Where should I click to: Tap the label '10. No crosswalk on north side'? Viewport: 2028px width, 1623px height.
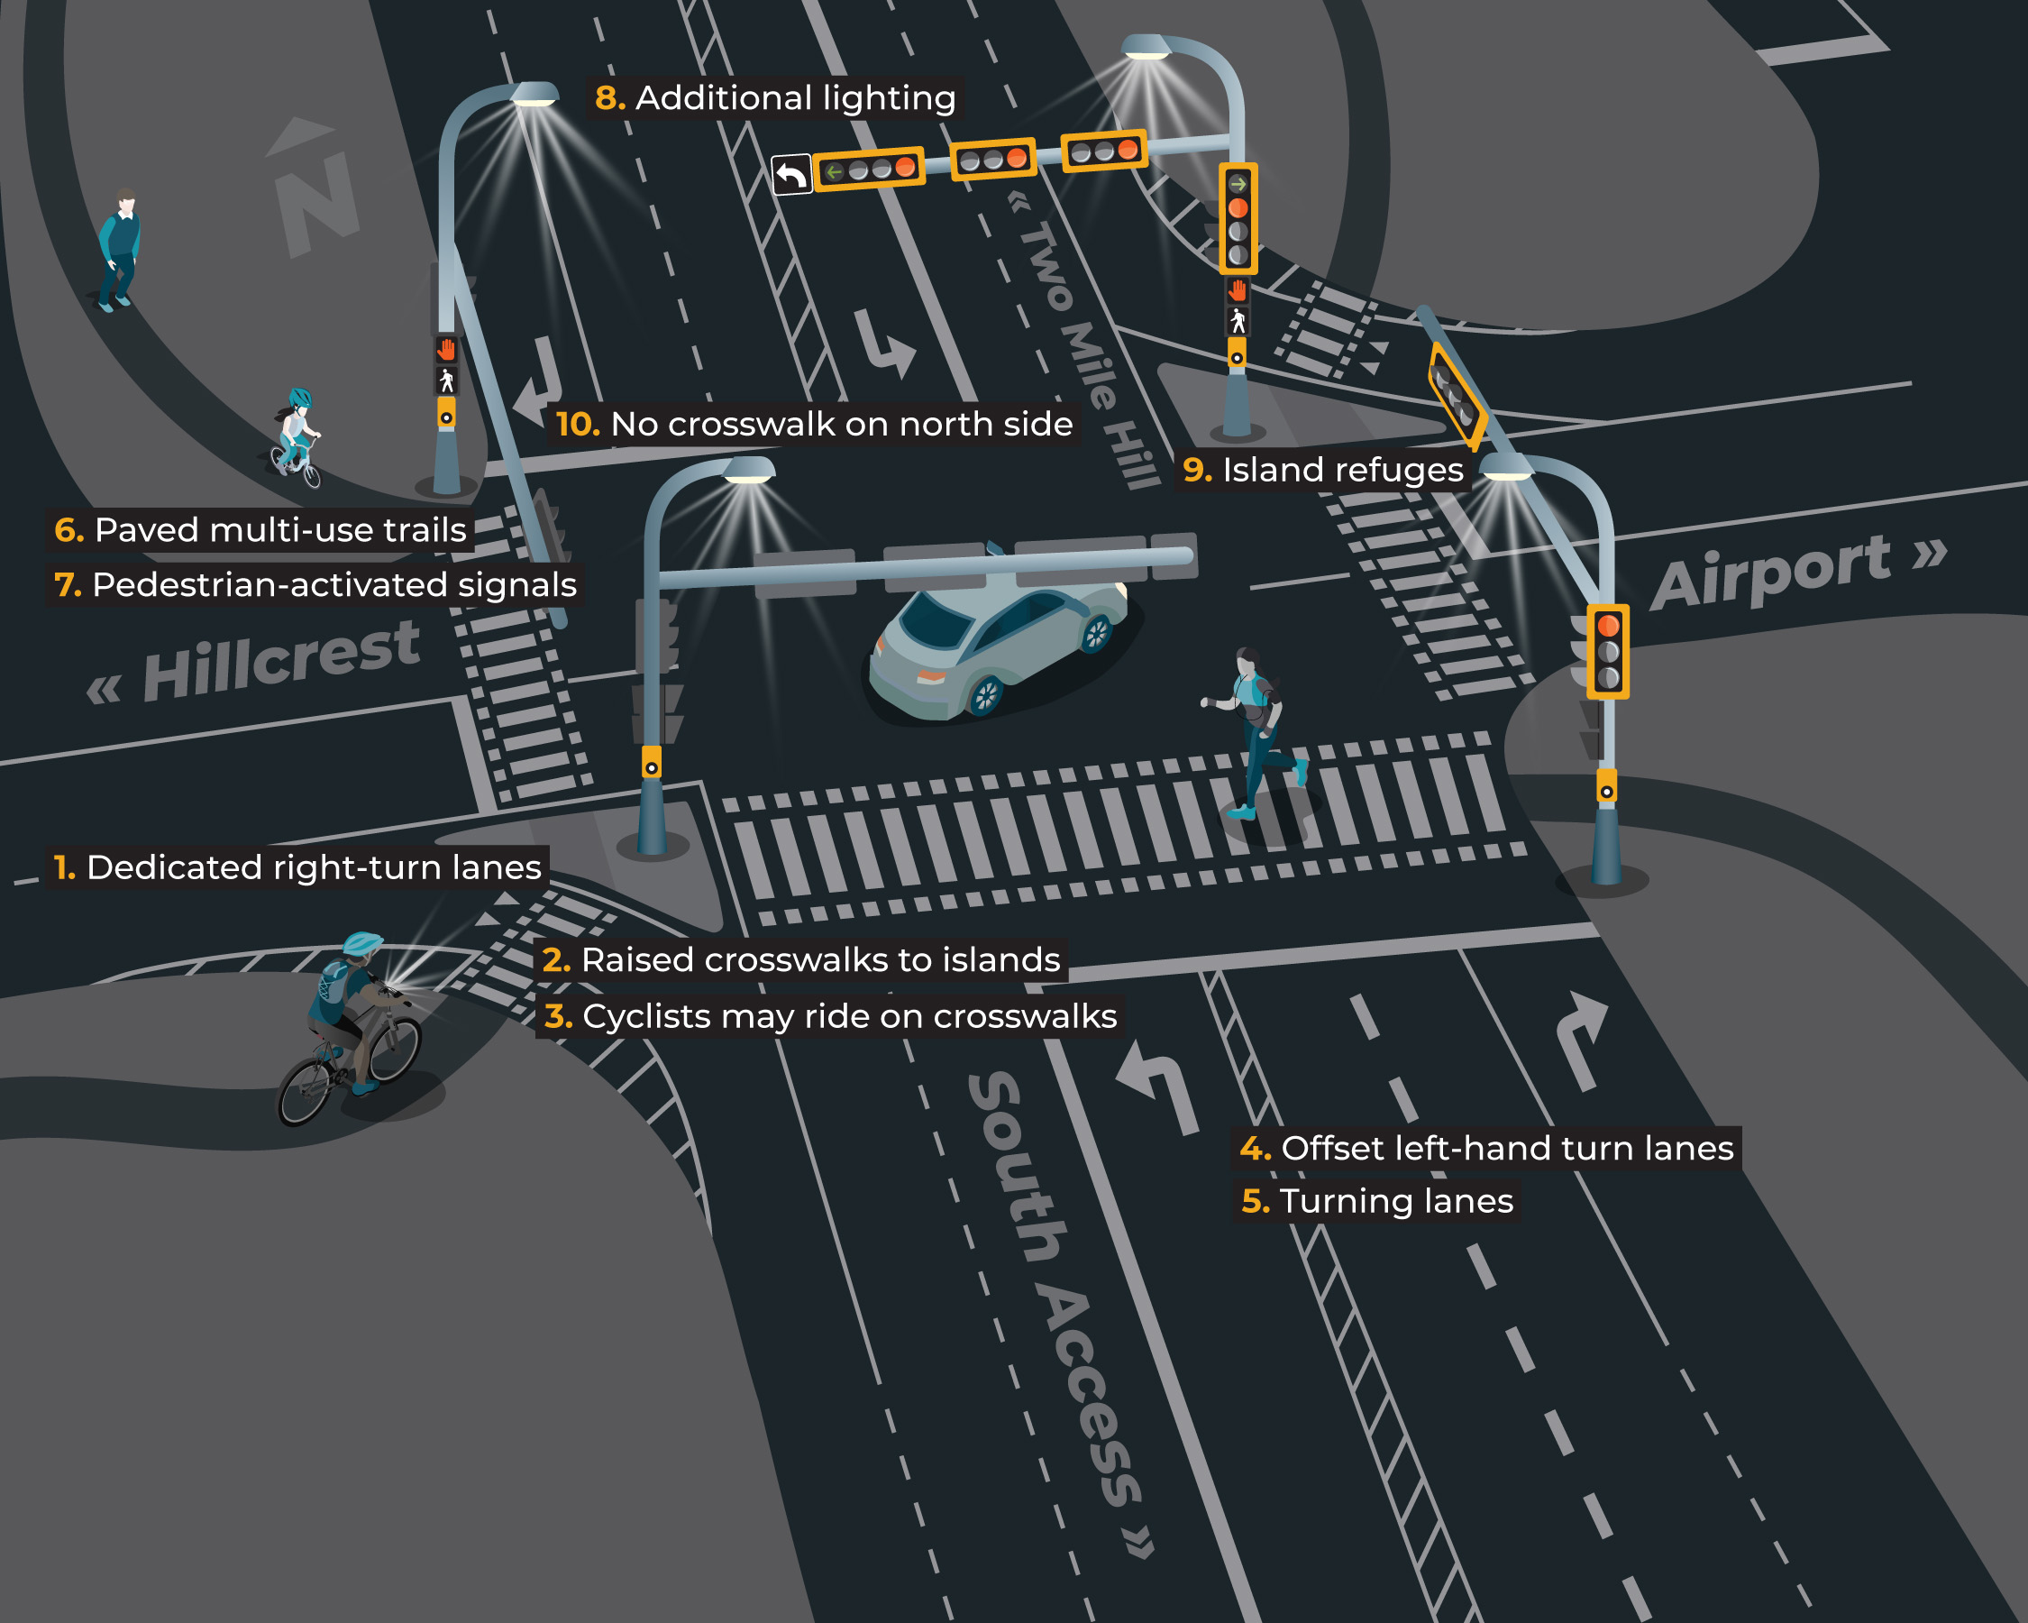(814, 425)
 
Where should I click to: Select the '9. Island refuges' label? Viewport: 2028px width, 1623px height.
(1322, 470)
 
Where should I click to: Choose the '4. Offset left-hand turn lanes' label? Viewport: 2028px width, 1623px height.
(1486, 1149)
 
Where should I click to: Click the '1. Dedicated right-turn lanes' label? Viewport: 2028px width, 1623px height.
(297, 867)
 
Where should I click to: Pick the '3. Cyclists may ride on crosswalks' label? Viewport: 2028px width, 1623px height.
(829, 1017)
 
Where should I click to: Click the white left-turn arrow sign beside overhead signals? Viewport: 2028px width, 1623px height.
(791, 175)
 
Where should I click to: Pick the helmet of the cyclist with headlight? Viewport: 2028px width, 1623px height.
(362, 943)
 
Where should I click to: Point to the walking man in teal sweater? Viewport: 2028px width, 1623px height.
(121, 250)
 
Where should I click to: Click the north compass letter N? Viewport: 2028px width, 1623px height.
(317, 202)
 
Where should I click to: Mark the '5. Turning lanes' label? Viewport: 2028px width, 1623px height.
(1377, 1202)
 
